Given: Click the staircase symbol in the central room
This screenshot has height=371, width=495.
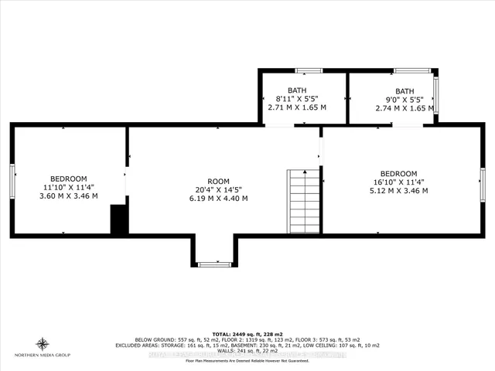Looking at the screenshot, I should (303, 202).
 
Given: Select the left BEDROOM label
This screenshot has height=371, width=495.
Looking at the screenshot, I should (69, 177).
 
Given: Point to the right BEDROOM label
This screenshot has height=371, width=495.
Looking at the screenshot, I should (398, 172).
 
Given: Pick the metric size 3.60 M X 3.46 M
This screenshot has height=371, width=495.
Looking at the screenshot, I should (69, 196).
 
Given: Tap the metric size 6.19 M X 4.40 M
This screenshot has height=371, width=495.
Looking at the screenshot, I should (222, 198).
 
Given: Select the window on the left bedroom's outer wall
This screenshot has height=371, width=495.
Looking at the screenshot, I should (12, 181).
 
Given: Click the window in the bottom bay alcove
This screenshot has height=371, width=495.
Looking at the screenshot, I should (214, 264).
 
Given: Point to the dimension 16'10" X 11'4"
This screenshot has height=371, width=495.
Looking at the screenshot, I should (398, 182).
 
